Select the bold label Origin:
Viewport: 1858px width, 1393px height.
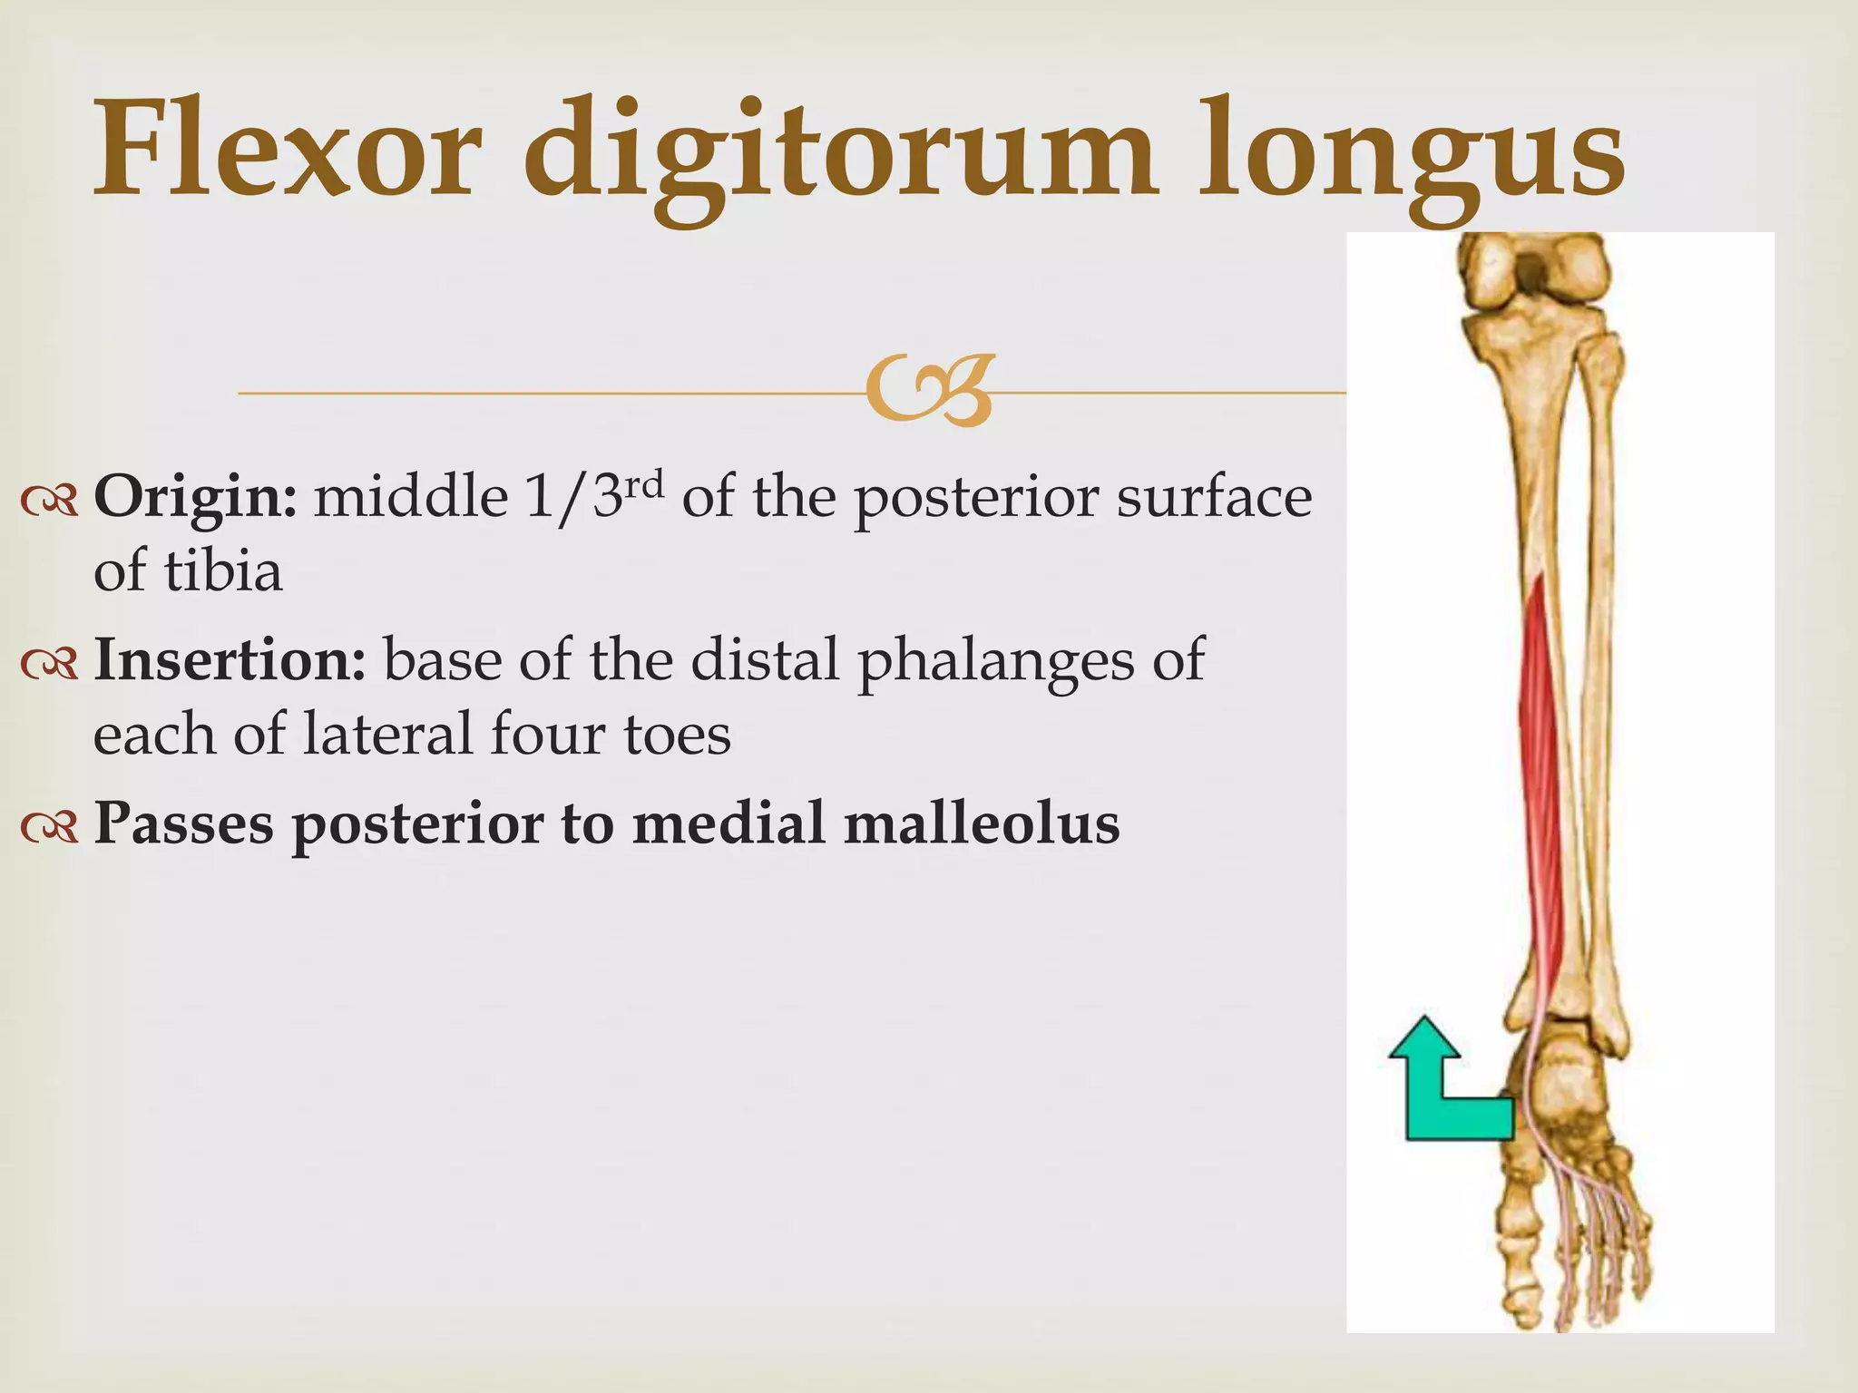pyautogui.click(x=195, y=498)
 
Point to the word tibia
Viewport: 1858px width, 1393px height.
pyautogui.click(x=222, y=571)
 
